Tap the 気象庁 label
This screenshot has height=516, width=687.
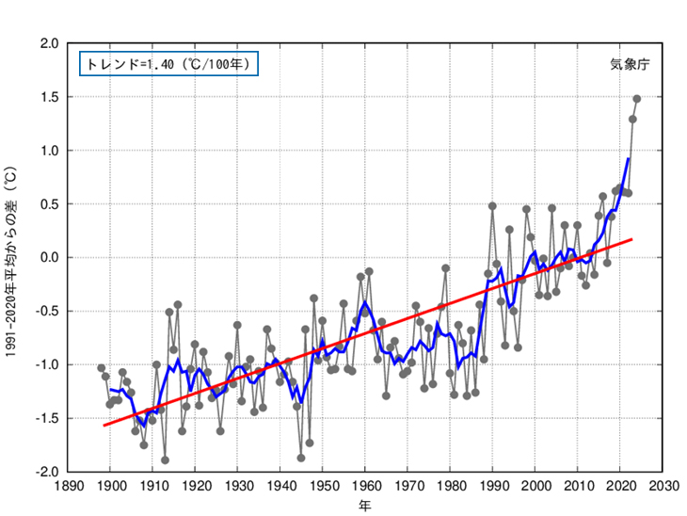630,65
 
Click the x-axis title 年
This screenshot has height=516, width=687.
364,506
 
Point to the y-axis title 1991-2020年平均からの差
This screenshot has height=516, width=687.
12,257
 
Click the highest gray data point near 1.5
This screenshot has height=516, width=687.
637,99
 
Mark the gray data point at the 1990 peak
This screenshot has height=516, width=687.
492,205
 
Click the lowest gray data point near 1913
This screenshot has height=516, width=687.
165,460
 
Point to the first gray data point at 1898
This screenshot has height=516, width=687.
102,367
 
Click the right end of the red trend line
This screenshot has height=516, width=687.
632,239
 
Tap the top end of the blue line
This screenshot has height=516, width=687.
629,159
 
